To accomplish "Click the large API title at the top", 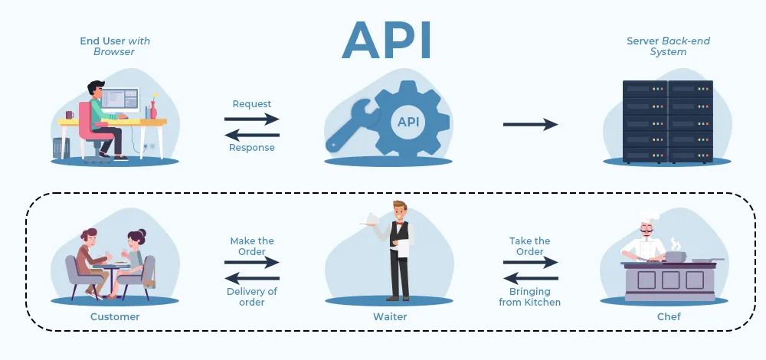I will tap(386, 40).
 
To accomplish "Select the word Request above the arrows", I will tap(251, 104).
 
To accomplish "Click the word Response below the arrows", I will tap(251, 148).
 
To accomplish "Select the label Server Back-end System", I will tap(656, 46).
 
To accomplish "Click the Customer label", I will tap(115, 316).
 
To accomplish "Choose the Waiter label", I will tap(391, 316).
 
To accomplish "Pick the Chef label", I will tap(664, 316).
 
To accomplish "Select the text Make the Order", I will tap(252, 246).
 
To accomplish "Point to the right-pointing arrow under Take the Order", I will tap(530, 262).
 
